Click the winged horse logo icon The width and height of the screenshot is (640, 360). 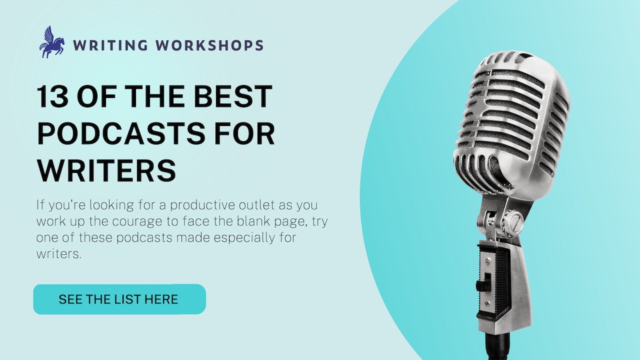52,42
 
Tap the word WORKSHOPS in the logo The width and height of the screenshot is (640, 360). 209,45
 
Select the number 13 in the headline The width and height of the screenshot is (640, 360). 53,97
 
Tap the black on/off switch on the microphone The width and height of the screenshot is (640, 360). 482,285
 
